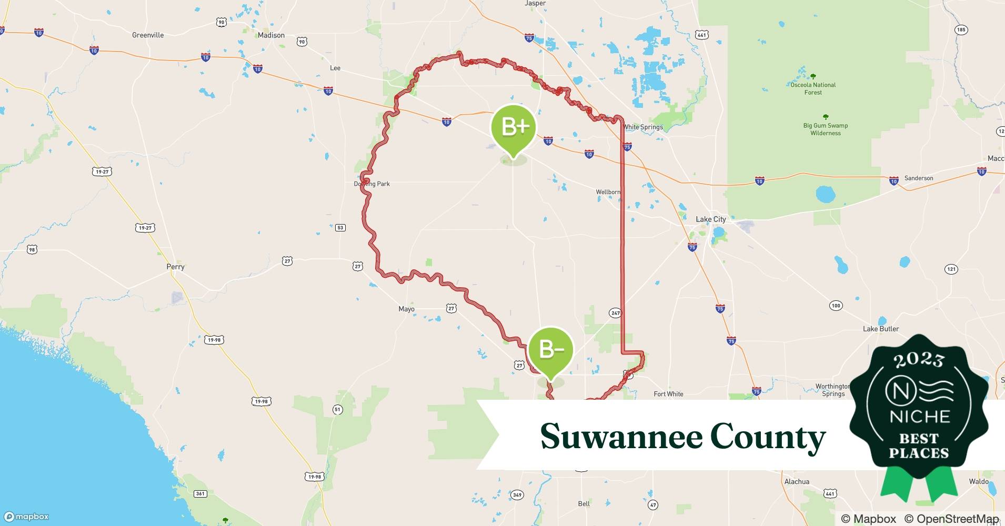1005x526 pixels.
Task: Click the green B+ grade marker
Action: click(514, 128)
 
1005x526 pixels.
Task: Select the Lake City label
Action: click(710, 219)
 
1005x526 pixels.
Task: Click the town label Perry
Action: click(175, 267)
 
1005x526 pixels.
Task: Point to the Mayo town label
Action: click(406, 309)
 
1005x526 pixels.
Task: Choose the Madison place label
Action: click(271, 35)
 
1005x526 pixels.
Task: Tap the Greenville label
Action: click(148, 35)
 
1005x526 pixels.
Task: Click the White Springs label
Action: click(643, 127)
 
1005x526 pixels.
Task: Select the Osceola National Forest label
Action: click(813, 88)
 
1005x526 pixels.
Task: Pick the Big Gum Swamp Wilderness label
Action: click(825, 129)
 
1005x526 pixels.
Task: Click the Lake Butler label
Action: click(881, 329)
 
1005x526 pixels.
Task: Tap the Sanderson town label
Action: click(919, 178)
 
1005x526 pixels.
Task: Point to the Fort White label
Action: click(668, 394)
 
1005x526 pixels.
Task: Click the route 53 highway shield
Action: click(340, 228)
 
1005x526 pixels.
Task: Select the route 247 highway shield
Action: click(616, 313)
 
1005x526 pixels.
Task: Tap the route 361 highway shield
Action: click(200, 493)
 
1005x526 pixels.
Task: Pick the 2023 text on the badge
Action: click(919, 360)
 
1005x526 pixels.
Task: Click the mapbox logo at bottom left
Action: click(26, 517)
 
